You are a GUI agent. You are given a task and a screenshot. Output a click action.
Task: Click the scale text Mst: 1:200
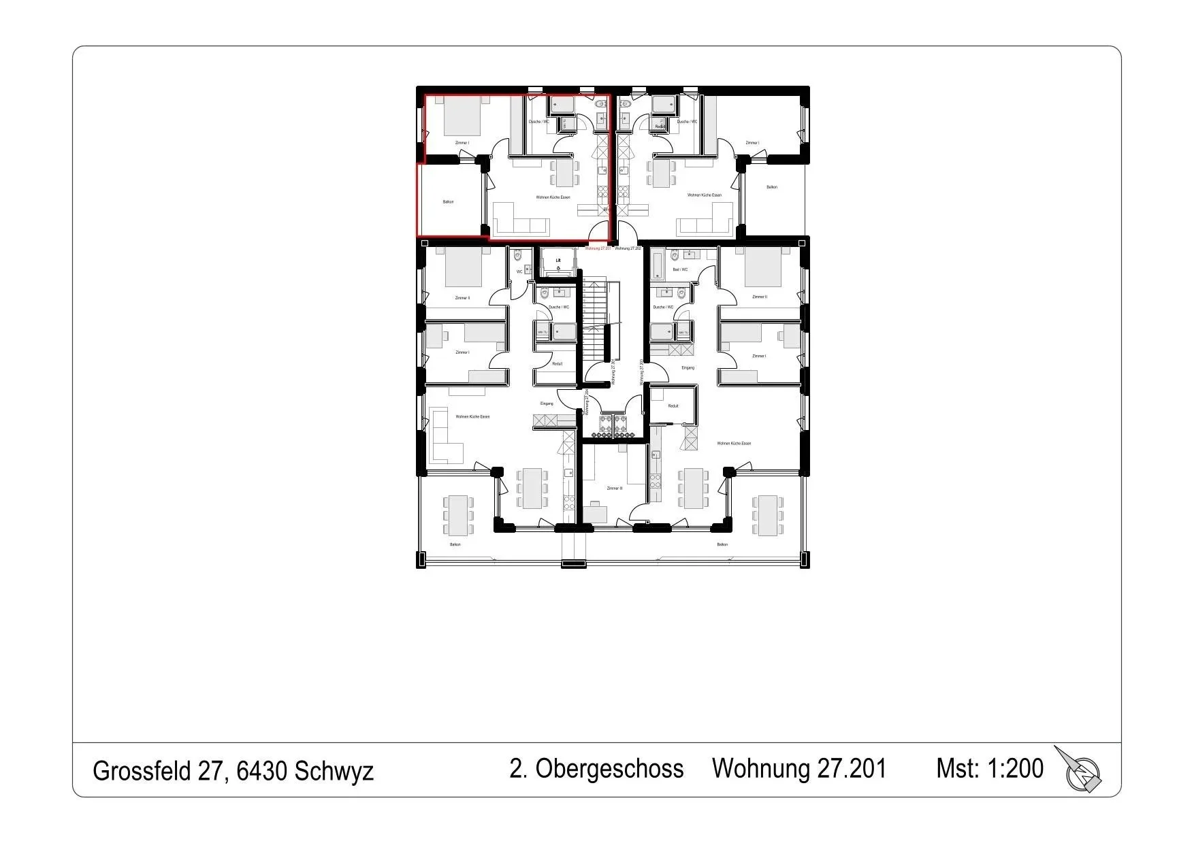[989, 768]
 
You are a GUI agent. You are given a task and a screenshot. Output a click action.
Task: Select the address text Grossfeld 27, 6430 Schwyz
[233, 771]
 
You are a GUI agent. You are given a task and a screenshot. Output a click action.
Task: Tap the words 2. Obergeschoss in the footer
[596, 768]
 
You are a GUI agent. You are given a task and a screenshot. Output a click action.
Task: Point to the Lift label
[558, 260]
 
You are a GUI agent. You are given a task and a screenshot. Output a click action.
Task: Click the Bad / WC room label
[680, 269]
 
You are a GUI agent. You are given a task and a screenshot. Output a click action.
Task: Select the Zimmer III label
[614, 488]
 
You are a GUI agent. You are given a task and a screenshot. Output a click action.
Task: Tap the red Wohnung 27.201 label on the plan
[598, 248]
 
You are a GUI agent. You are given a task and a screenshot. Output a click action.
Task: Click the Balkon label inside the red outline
[448, 201]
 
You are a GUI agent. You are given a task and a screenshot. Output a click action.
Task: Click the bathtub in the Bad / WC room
[657, 265]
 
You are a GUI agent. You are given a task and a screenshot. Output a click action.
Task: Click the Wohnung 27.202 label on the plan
[628, 248]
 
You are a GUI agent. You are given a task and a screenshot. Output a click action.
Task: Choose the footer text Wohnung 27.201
[799, 768]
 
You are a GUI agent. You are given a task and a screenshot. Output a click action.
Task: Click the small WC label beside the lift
[519, 271]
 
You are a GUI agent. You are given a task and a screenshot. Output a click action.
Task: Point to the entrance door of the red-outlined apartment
[599, 233]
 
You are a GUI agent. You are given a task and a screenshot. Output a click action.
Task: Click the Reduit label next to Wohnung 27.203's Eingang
[673, 406]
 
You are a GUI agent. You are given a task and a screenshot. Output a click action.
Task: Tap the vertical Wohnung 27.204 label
[586, 401]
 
